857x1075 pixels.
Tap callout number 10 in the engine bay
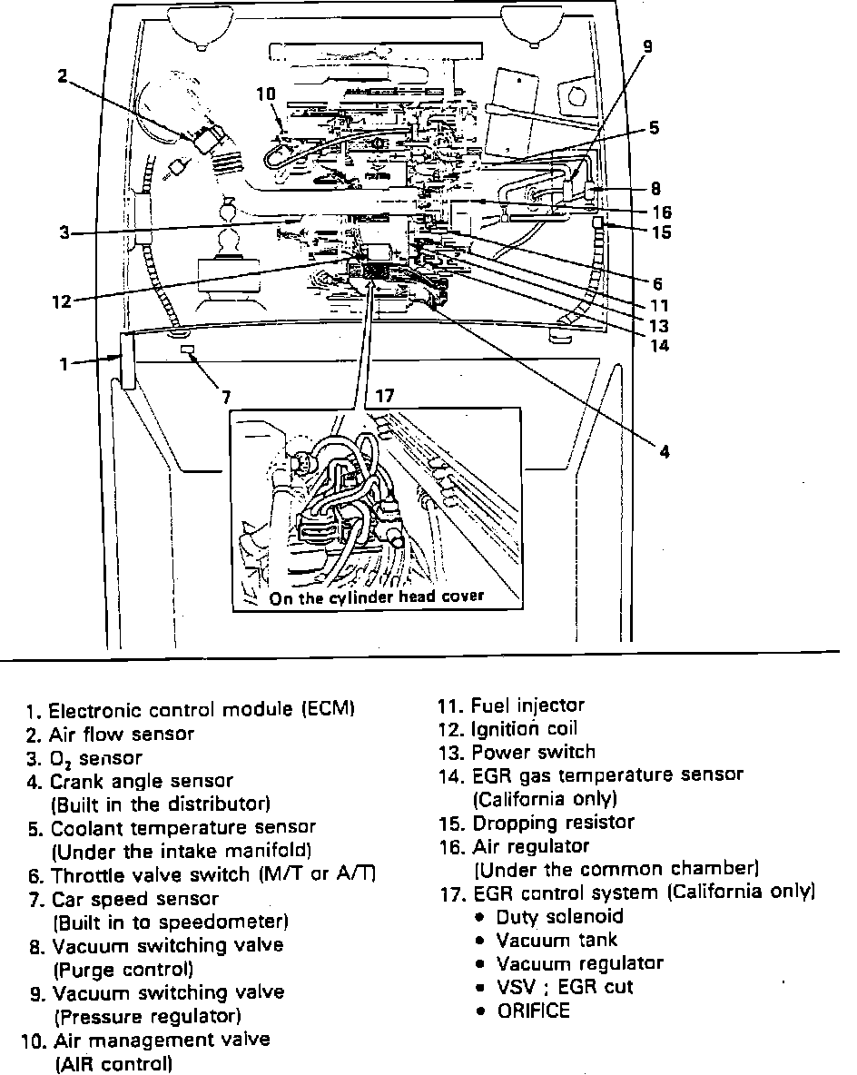[265, 94]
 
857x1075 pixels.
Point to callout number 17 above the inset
[385, 396]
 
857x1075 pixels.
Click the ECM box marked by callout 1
[127, 360]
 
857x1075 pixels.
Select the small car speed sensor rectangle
[188, 350]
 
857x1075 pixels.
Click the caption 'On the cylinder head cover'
[376, 597]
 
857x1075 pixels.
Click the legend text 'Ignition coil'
[524, 729]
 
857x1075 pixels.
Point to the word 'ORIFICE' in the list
[534, 1011]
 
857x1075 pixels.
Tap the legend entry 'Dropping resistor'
[553, 823]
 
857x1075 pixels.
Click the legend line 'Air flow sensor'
[122, 734]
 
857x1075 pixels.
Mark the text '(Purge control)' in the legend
[124, 969]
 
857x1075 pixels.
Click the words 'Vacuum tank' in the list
[557, 940]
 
